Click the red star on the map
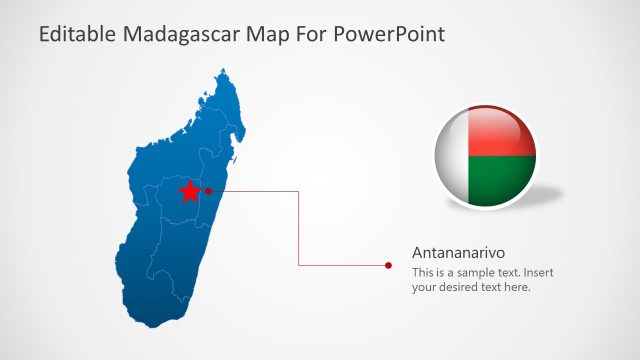click(x=188, y=191)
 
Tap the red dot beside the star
click(x=208, y=190)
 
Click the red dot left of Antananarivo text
click(x=388, y=265)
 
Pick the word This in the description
click(x=423, y=272)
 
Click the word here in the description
click(x=516, y=287)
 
